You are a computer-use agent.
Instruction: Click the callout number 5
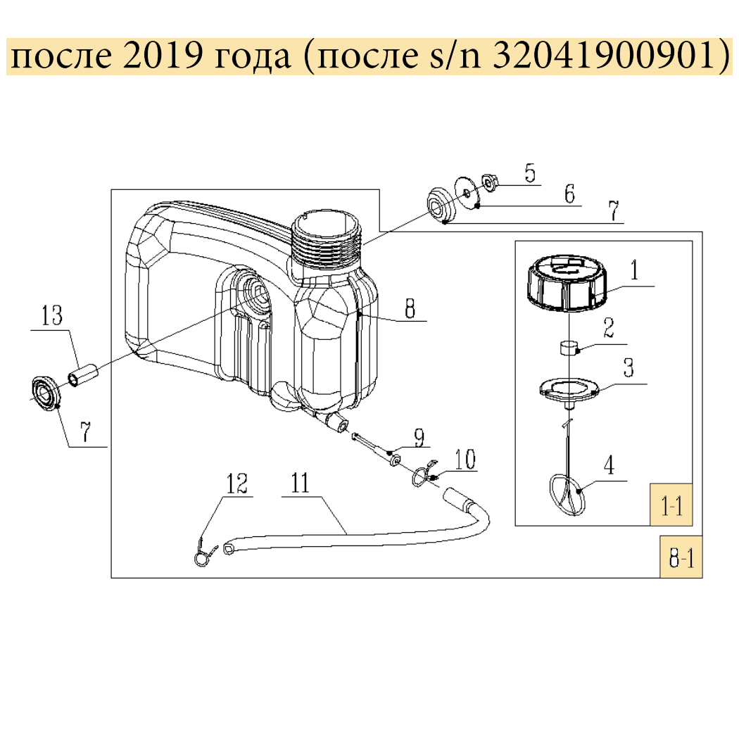click(x=530, y=172)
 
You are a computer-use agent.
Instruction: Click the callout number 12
click(x=237, y=484)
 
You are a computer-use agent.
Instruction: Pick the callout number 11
click(x=300, y=484)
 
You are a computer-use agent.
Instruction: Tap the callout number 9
click(x=419, y=438)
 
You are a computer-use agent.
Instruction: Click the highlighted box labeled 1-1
click(x=671, y=504)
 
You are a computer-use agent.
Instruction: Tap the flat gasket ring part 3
click(x=567, y=390)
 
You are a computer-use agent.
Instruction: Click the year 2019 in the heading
click(x=160, y=58)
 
